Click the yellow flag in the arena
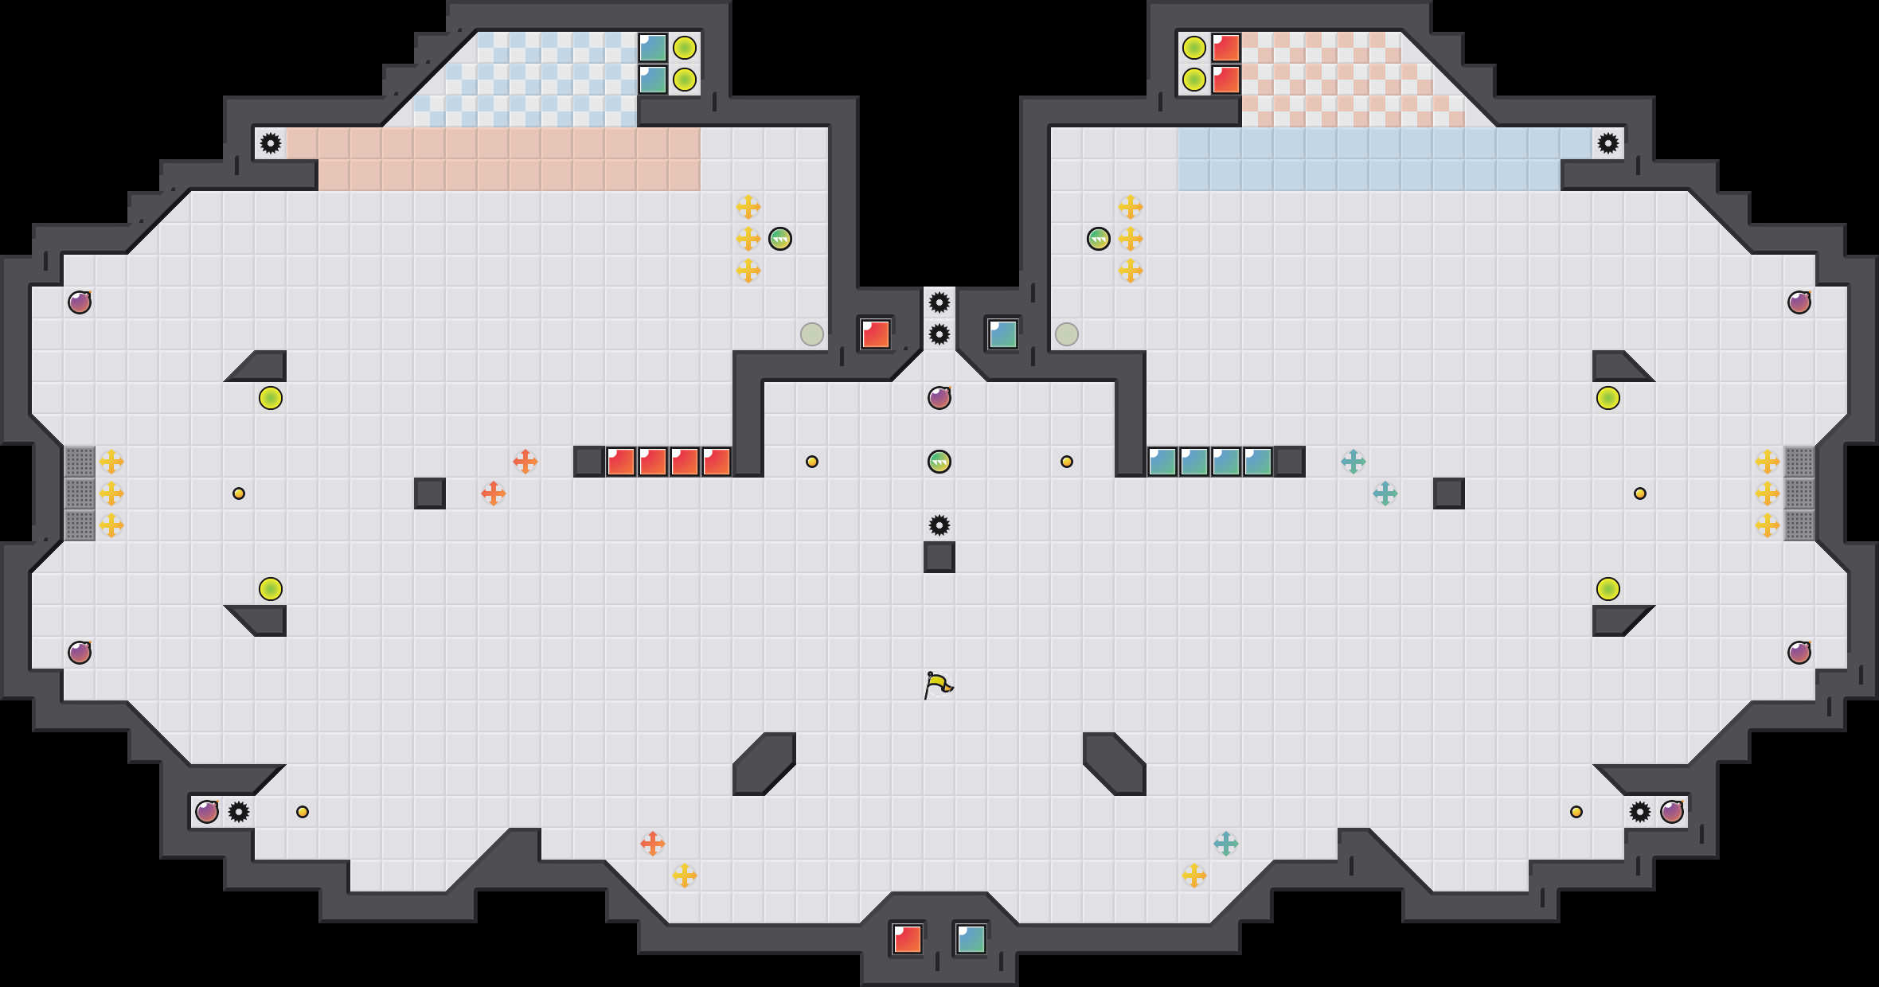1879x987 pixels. [939, 685]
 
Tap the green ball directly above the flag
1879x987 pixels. [939, 462]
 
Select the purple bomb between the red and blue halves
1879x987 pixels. [939, 397]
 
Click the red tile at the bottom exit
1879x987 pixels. [907, 939]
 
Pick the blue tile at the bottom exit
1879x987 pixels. [971, 939]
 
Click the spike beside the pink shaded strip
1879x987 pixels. [271, 143]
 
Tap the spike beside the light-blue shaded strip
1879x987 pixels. [1608, 143]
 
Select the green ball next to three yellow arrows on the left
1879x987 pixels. [780, 239]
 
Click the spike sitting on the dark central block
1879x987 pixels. [939, 525]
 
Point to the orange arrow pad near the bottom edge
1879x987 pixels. [653, 844]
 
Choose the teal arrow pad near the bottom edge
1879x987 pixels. [1226, 844]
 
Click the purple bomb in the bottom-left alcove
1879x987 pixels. [207, 811]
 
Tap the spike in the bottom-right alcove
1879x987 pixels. [1640, 812]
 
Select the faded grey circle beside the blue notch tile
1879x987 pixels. [1067, 334]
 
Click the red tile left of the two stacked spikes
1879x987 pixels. [876, 334]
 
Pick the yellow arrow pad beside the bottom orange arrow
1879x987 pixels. [685, 876]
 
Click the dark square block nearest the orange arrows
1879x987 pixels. [430, 494]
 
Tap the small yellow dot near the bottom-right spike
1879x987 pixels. [1576, 812]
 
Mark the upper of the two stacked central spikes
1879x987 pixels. [939, 302]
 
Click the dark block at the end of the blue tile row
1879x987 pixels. [1290, 462]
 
